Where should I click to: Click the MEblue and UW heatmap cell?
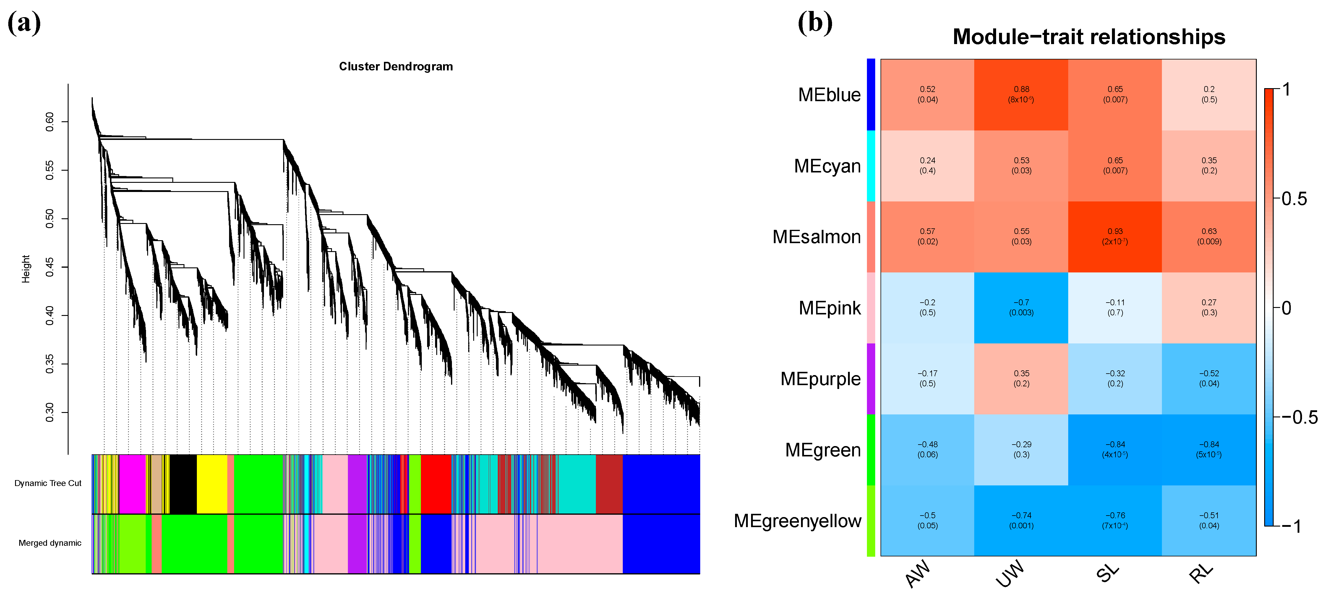pyautogui.click(x=1021, y=95)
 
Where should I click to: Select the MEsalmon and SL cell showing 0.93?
pyautogui.click(x=1115, y=237)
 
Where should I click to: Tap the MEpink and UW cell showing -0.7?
pyautogui.click(x=1021, y=307)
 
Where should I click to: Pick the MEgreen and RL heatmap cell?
pyautogui.click(x=1209, y=449)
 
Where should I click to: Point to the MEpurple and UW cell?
pyautogui.click(x=1021, y=378)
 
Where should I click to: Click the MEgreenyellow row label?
pyautogui.click(x=797, y=521)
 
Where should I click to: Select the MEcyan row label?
pyautogui.click(x=827, y=166)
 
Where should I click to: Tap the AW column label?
pyautogui.click(x=918, y=573)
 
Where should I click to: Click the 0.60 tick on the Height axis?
pyautogui.click(x=50, y=122)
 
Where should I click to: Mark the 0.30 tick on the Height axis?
pyautogui.click(x=50, y=412)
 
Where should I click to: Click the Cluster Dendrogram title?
pyautogui.click(x=395, y=66)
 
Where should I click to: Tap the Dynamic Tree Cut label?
pyautogui.click(x=48, y=483)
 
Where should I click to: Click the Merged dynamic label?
pyautogui.click(x=50, y=543)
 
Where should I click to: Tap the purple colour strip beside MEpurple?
pyautogui.click(x=870, y=378)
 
